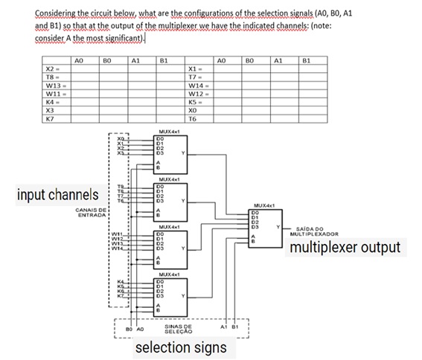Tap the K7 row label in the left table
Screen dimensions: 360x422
point(49,118)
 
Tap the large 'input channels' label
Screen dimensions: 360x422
point(57,195)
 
